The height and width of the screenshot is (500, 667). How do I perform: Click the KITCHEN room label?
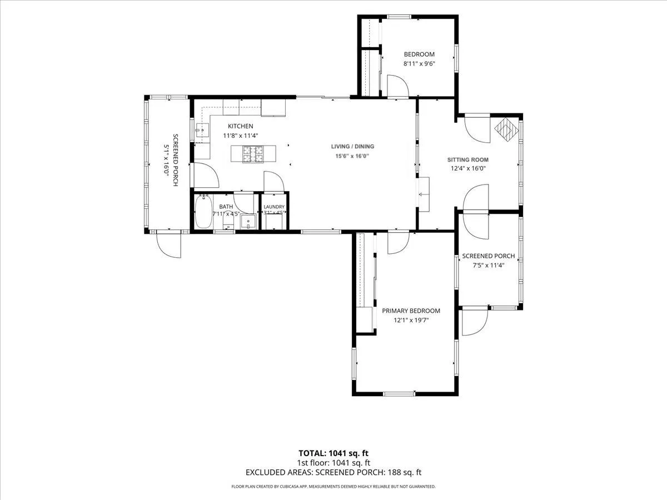coord(240,126)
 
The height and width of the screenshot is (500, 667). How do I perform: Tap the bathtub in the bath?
coord(203,212)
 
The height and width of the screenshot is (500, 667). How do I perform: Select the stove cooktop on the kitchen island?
coord(252,153)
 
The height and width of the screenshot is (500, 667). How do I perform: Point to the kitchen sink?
coord(202,131)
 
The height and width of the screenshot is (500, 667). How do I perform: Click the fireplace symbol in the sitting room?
coord(506,129)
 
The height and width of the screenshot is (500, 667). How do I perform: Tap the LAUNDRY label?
coord(274,207)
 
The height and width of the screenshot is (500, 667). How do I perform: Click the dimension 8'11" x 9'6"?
coord(419,64)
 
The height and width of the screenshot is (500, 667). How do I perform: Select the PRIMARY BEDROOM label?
coord(411,311)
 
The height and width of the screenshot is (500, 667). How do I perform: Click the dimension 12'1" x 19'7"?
coord(411,320)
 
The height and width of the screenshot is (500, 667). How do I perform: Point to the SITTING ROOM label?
coord(467,159)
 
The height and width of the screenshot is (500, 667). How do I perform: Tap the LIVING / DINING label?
coord(352,146)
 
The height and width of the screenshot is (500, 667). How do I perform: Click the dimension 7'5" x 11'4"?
coord(489,266)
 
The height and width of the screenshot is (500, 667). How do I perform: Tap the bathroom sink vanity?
coord(248,221)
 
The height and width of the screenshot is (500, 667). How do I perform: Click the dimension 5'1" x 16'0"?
coord(166,159)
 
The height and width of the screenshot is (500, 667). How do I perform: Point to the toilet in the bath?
coord(228,220)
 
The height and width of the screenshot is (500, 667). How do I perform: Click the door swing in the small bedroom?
coord(398,86)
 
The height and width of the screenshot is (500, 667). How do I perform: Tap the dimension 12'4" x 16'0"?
coord(468,168)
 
